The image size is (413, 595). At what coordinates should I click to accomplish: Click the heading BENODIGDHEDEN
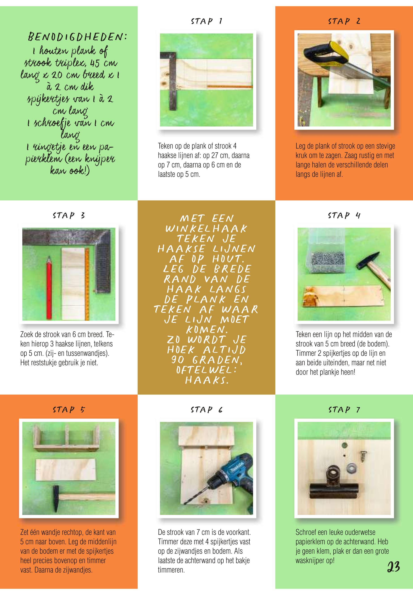[77, 38]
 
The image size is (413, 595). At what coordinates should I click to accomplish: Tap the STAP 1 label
[206, 21]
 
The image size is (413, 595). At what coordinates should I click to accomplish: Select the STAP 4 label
[344, 215]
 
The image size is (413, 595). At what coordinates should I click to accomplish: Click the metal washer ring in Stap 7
[352, 468]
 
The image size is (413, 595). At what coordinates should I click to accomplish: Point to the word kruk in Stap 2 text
[302, 156]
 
